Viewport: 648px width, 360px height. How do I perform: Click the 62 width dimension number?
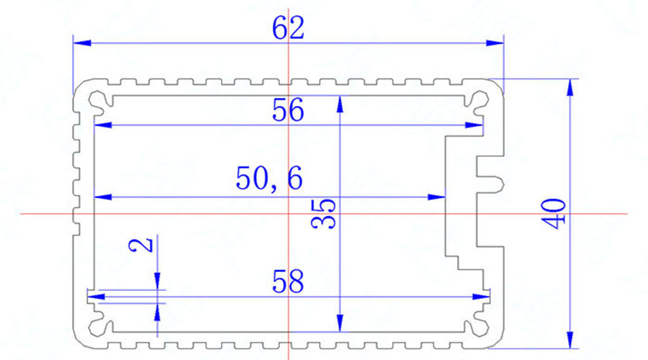pos(288,29)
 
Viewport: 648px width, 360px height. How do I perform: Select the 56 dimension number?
pos(288,111)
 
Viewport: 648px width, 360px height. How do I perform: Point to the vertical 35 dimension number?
pos(326,213)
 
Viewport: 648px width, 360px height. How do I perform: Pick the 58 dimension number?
pos(288,281)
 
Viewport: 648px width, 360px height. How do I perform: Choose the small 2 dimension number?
pos(144,245)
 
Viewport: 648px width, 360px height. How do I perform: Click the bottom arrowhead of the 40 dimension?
pos(570,336)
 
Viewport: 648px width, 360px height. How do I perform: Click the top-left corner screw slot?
pos(96,99)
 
